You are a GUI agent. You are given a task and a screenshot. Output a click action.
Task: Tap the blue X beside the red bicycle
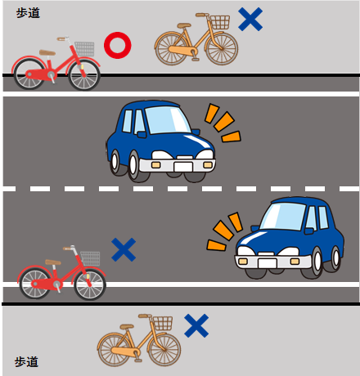point(124,249)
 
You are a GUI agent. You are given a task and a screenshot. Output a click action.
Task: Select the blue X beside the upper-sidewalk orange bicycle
point(250,19)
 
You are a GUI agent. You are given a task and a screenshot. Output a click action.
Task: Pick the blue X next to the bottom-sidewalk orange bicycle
point(196,325)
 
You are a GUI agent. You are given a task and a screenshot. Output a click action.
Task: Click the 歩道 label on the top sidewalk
point(28,13)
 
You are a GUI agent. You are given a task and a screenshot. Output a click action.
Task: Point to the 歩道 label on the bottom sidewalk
point(26,362)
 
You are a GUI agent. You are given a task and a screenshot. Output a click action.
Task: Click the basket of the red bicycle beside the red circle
point(85,49)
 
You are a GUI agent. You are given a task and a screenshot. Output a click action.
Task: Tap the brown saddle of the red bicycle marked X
point(53,262)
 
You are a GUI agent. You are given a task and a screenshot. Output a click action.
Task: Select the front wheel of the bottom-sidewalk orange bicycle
point(164,350)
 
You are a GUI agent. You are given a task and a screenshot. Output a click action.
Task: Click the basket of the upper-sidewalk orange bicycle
point(220,22)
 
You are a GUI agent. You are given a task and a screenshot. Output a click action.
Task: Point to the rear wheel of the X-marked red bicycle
point(34,284)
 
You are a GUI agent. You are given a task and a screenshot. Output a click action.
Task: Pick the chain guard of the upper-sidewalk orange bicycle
point(182,51)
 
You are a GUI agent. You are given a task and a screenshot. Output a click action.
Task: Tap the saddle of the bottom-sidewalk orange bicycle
point(127,326)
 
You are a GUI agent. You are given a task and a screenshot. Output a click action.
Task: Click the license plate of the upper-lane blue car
point(183,167)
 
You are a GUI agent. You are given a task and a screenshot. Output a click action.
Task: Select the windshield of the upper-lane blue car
point(167,120)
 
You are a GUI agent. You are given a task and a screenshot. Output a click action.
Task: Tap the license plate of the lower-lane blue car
point(268,263)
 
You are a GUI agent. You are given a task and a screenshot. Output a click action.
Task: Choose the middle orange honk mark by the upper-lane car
point(224,121)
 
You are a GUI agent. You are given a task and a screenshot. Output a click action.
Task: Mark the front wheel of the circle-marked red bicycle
point(84,75)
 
